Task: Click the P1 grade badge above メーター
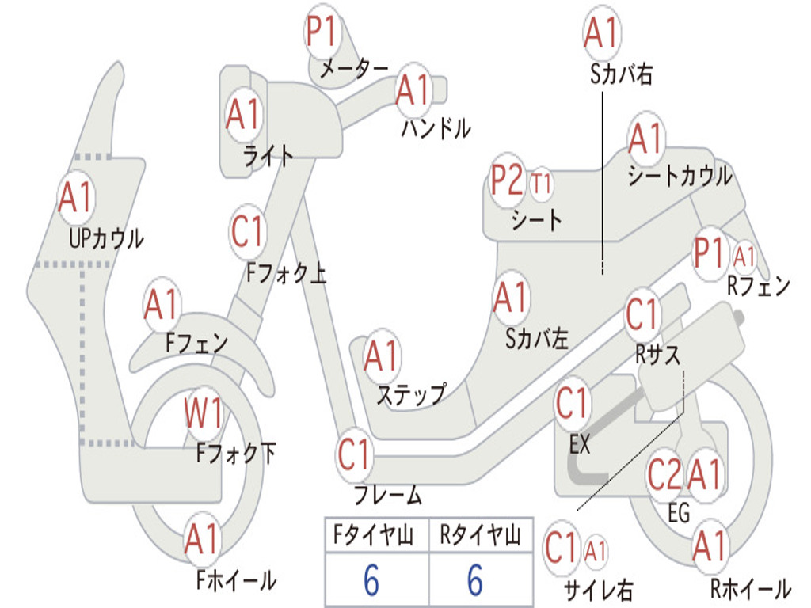pos(323,34)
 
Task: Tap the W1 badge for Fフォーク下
pos(204,412)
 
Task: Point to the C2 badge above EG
pos(664,475)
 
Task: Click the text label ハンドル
pos(436,127)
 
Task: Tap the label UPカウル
pos(106,237)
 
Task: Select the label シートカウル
pos(680,177)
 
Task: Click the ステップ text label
pos(410,394)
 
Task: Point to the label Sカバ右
pos(622,74)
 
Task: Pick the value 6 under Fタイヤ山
pos(371,580)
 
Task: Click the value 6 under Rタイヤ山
pos(475,580)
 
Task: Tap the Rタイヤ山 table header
pos(480,538)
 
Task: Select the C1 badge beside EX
pos(573,404)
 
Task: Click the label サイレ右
pos(598,590)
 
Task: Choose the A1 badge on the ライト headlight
pos(243,116)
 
